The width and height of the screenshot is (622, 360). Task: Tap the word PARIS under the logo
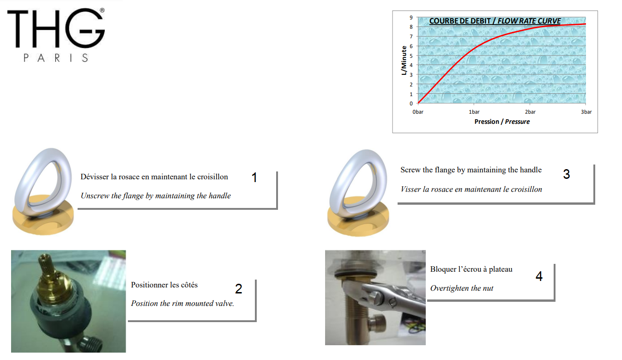[56, 58]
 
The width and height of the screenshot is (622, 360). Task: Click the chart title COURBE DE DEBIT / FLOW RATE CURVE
[495, 21]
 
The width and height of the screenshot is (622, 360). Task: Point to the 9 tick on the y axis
[411, 18]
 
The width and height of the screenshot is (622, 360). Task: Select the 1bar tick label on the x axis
[474, 112]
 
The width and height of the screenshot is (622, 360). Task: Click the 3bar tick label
[586, 112]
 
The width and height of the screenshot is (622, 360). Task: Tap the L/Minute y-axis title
[404, 61]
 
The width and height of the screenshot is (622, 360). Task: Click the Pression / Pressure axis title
[502, 122]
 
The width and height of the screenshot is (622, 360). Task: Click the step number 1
[254, 177]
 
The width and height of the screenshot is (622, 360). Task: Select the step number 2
[239, 288]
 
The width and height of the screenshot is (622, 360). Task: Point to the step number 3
[567, 174]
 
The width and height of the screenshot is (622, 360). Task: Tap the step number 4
[539, 276]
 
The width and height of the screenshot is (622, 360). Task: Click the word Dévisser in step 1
[94, 177]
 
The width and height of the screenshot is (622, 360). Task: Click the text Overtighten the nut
[461, 288]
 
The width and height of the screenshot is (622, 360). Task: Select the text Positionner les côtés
[164, 285]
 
